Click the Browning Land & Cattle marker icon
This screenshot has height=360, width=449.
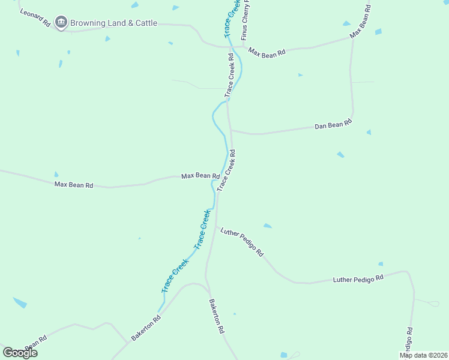coord(61,23)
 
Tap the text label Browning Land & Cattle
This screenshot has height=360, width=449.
coord(113,23)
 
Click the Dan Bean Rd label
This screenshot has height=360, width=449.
coord(333,124)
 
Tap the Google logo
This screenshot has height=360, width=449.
coord(20,352)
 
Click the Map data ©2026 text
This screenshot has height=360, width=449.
coord(423,355)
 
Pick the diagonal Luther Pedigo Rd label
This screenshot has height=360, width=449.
coord(242,242)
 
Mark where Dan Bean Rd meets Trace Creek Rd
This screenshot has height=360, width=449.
coord(231,130)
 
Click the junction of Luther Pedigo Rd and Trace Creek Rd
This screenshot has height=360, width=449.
coord(216,226)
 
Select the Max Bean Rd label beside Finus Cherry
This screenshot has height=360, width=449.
coord(267,53)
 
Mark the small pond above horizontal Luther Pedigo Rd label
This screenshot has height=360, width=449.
coord(381,264)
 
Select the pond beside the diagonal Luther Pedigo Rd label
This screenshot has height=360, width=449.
coord(267,226)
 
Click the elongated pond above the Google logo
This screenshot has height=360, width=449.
coord(20,303)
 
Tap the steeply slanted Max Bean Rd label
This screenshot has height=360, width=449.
coord(361,22)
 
